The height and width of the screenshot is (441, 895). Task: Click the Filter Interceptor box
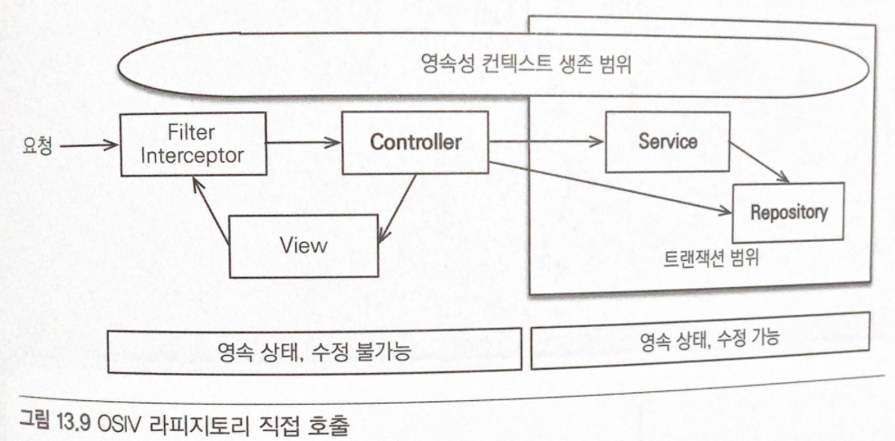[193, 143]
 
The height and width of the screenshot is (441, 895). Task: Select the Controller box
[416, 142]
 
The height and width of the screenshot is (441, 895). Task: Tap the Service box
[667, 142]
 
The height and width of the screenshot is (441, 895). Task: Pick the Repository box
[787, 213]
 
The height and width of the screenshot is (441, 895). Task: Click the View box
[302, 244]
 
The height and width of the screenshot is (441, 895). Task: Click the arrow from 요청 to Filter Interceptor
[90, 142]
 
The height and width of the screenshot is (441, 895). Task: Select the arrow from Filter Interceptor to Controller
[304, 142]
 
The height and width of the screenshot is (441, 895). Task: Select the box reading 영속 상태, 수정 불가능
[314, 351]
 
